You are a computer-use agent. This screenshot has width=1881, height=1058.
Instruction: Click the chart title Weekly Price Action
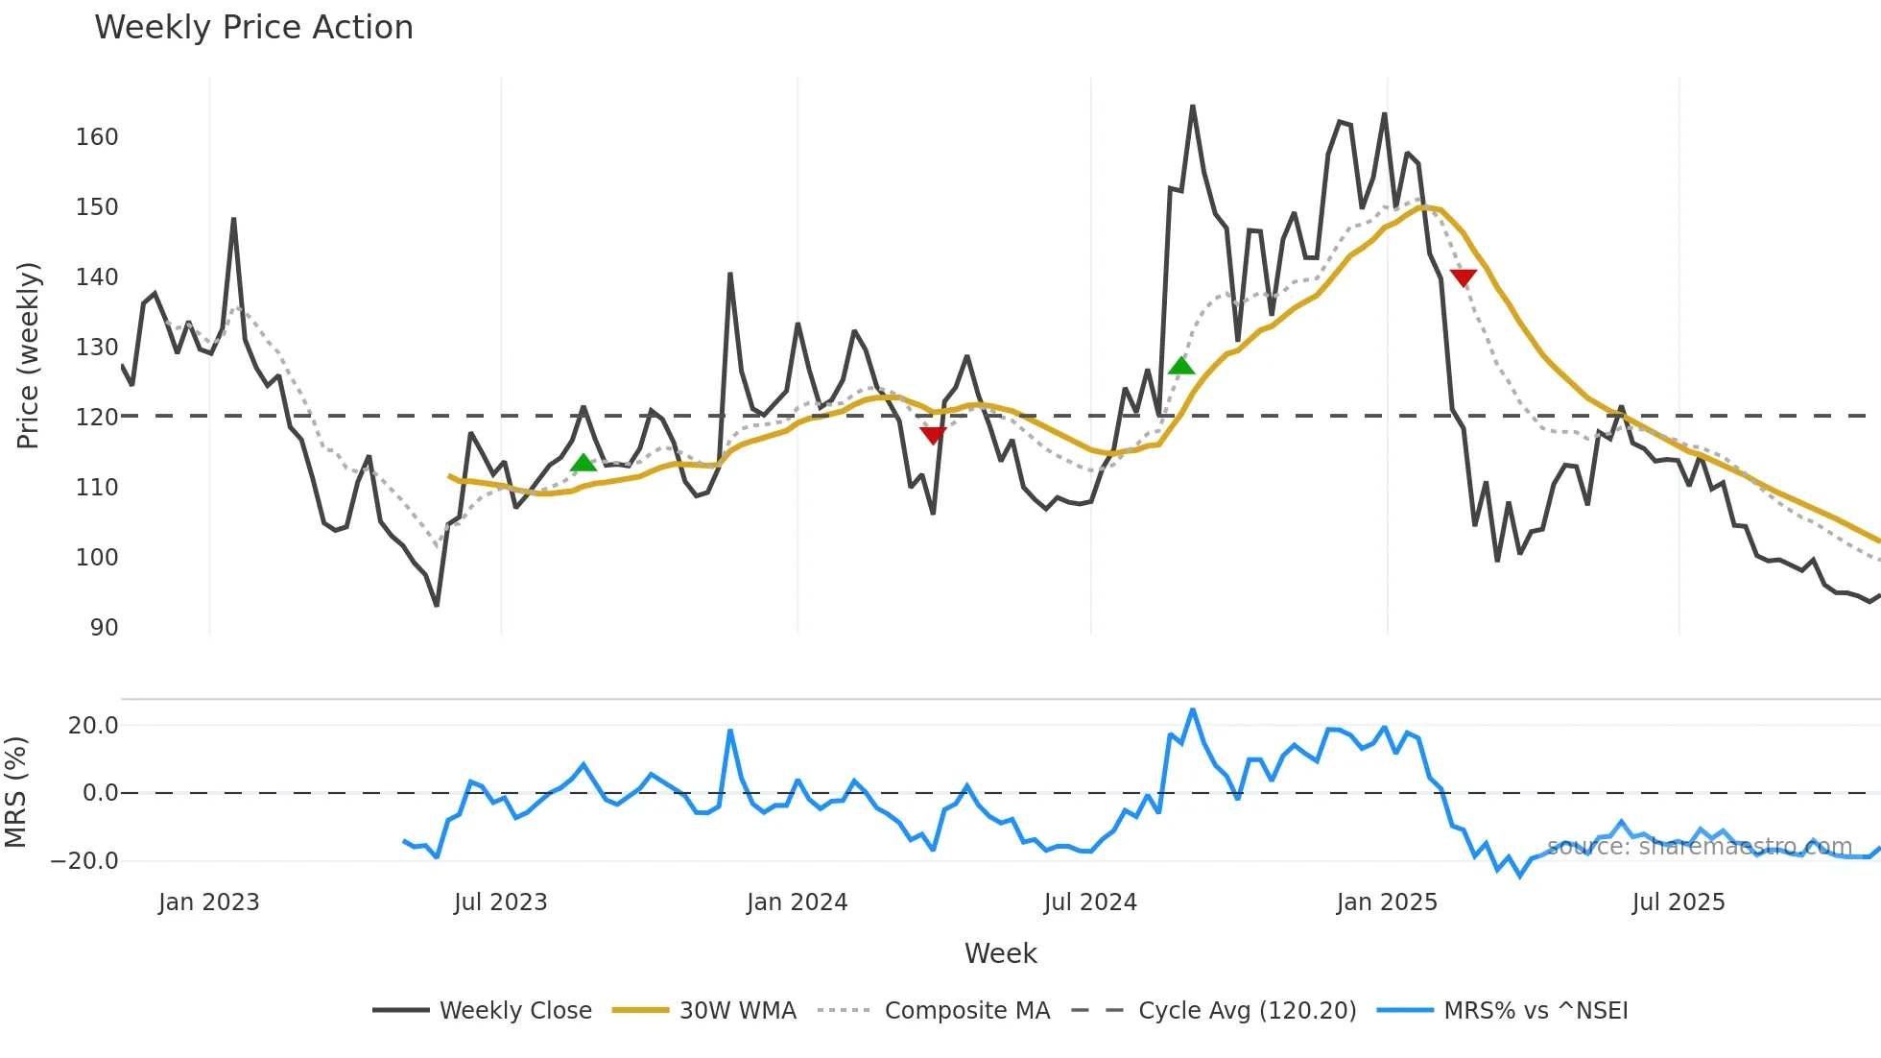click(x=253, y=28)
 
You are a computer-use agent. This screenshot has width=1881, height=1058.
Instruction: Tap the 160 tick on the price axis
click(x=97, y=137)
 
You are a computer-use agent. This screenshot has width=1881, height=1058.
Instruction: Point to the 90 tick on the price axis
click(x=104, y=628)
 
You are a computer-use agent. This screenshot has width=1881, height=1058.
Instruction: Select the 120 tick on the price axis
click(x=97, y=418)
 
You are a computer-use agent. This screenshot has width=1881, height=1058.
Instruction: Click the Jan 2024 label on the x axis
click(x=797, y=902)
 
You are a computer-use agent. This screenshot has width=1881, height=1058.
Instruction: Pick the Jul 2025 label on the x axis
click(x=1678, y=902)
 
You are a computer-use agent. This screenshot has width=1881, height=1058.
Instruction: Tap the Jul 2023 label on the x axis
click(x=500, y=902)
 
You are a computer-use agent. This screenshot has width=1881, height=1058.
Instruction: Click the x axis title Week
click(x=1000, y=953)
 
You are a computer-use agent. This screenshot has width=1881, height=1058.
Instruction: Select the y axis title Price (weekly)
click(x=29, y=355)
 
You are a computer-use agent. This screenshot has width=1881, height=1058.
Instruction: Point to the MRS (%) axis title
click(x=16, y=792)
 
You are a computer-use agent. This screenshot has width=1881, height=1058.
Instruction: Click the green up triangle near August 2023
click(x=583, y=464)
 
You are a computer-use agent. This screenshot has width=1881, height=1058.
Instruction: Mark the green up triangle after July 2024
click(x=1181, y=366)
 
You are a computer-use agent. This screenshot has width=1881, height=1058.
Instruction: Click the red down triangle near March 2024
click(x=933, y=435)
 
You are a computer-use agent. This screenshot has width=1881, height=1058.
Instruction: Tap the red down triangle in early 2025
click(x=1463, y=278)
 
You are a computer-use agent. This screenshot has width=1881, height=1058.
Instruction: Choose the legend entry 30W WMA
click(x=737, y=1011)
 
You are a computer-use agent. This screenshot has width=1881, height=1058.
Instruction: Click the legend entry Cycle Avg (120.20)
click(x=1247, y=1011)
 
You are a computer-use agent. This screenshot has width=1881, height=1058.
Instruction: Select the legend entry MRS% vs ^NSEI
click(x=1535, y=1011)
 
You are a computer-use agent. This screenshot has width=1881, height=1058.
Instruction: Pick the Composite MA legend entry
click(x=966, y=1011)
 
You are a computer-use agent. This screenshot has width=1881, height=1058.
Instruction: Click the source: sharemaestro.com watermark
click(x=1699, y=847)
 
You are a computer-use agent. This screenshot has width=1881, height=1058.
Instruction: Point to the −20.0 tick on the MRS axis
click(x=84, y=861)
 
